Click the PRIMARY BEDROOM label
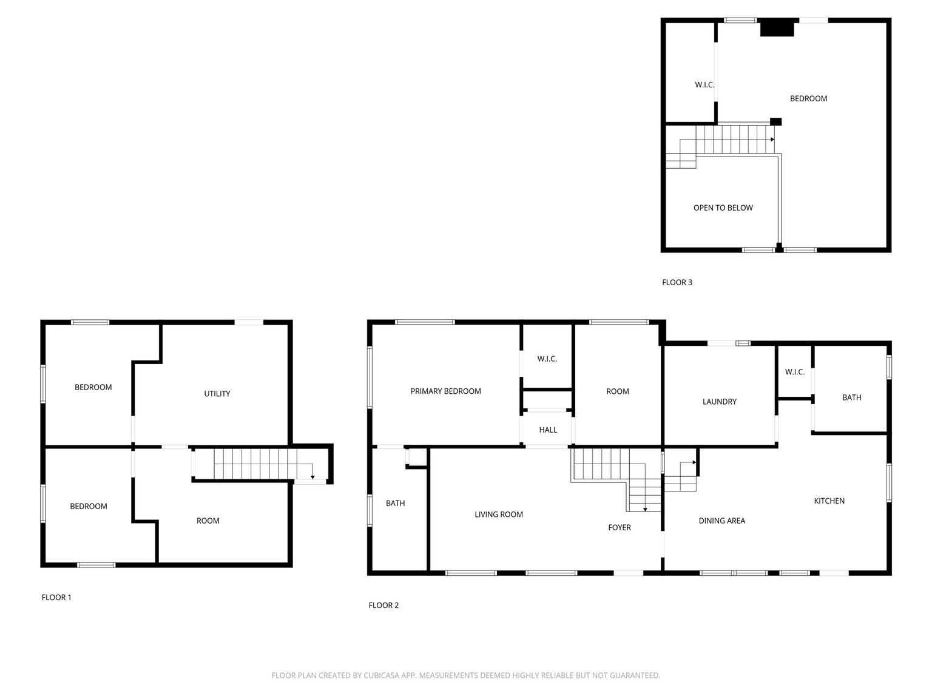445,391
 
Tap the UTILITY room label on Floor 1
217,394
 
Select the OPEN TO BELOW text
723,208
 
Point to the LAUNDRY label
719,402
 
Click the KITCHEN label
829,501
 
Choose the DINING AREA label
721,521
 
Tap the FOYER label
619,528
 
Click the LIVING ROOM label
498,515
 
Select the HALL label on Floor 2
547,430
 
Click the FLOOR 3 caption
677,283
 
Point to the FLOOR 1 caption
56,598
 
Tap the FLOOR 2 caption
383,606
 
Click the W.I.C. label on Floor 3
704,85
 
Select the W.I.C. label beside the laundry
794,372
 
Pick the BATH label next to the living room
395,504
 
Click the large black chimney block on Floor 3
777,29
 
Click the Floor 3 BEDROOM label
808,99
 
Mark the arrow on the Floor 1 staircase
312,477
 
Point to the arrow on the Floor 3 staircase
772,140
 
